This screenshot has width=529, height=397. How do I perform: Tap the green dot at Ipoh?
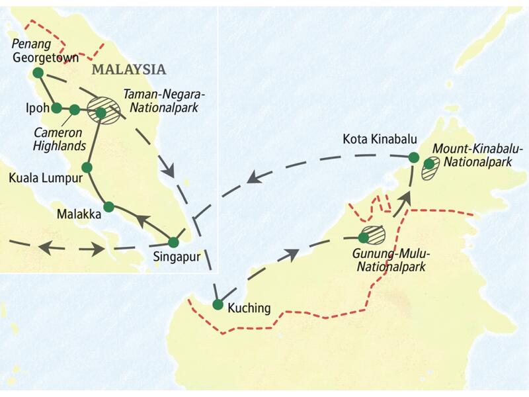point(56,108)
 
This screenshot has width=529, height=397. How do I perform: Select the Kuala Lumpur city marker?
point(86,167)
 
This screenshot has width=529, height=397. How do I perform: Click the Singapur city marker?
point(173,242)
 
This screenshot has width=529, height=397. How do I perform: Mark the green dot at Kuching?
point(218,304)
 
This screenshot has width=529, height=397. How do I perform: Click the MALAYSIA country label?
point(128,69)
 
